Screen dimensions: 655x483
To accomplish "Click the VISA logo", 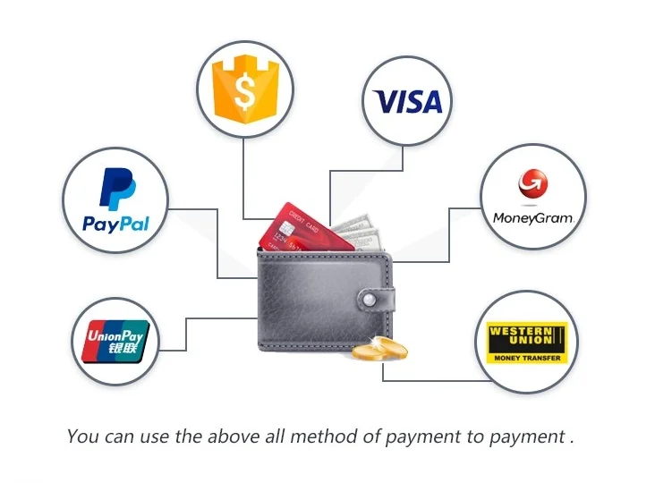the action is point(408,101).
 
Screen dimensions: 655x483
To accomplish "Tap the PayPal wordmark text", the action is point(115,223).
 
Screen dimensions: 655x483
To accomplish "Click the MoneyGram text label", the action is point(532,217).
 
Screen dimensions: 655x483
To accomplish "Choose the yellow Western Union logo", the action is point(527,342).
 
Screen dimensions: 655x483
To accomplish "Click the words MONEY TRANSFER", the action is point(527,357).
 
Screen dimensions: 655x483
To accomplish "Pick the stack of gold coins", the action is point(379,350).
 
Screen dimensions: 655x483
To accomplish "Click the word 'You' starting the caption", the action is point(82,436).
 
